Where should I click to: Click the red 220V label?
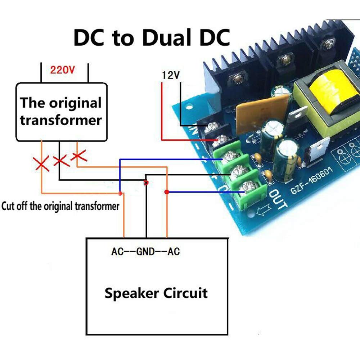click(x=62, y=69)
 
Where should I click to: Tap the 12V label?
click(x=171, y=75)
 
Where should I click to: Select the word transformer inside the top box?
click(x=61, y=120)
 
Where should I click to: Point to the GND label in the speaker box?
click(x=146, y=252)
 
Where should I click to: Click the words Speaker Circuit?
click(x=156, y=293)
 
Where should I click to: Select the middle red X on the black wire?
click(x=60, y=161)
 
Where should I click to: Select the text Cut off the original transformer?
click(x=60, y=207)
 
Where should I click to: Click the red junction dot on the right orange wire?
click(x=166, y=192)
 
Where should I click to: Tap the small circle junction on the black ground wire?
click(x=146, y=183)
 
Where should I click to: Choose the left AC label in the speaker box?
click(x=117, y=252)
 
